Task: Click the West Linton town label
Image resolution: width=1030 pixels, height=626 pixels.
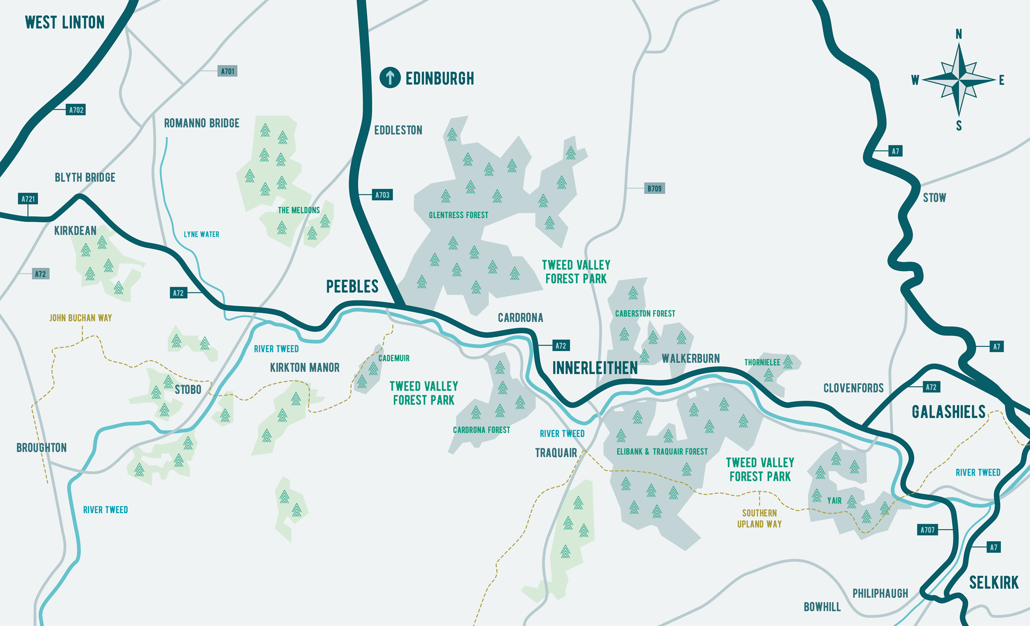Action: coord(65,23)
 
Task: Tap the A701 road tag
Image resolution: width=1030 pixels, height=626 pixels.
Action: coord(227,71)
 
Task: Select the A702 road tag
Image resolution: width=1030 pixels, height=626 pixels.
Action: coord(76,110)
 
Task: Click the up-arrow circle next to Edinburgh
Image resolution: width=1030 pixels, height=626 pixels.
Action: coord(390,77)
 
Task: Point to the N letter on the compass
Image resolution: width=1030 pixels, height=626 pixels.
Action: coord(959,34)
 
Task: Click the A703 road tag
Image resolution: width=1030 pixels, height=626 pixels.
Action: coord(382,195)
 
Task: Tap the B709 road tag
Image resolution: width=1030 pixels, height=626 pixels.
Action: coord(654,189)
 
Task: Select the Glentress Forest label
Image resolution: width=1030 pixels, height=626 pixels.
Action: coord(458,216)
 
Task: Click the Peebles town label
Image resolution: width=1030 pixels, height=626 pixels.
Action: coord(352,287)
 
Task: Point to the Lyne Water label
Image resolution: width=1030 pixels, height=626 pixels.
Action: coord(201,234)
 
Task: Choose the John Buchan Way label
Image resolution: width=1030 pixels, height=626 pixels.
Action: coord(81,318)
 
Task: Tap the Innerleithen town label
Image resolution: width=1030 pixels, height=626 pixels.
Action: coord(595,368)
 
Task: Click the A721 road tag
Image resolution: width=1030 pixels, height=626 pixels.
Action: coord(28,199)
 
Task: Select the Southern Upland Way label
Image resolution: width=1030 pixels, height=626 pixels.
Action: coord(759,518)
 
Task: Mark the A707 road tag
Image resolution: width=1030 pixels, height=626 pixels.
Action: coord(927,530)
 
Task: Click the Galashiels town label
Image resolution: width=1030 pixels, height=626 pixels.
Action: coord(948,412)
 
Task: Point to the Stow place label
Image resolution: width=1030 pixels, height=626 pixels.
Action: coord(934,198)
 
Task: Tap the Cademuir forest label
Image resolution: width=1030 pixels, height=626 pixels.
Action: coord(394,359)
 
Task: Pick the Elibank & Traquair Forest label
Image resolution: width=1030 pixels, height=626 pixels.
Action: coord(662,452)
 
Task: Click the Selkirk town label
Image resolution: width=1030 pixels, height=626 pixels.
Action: coord(994,582)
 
